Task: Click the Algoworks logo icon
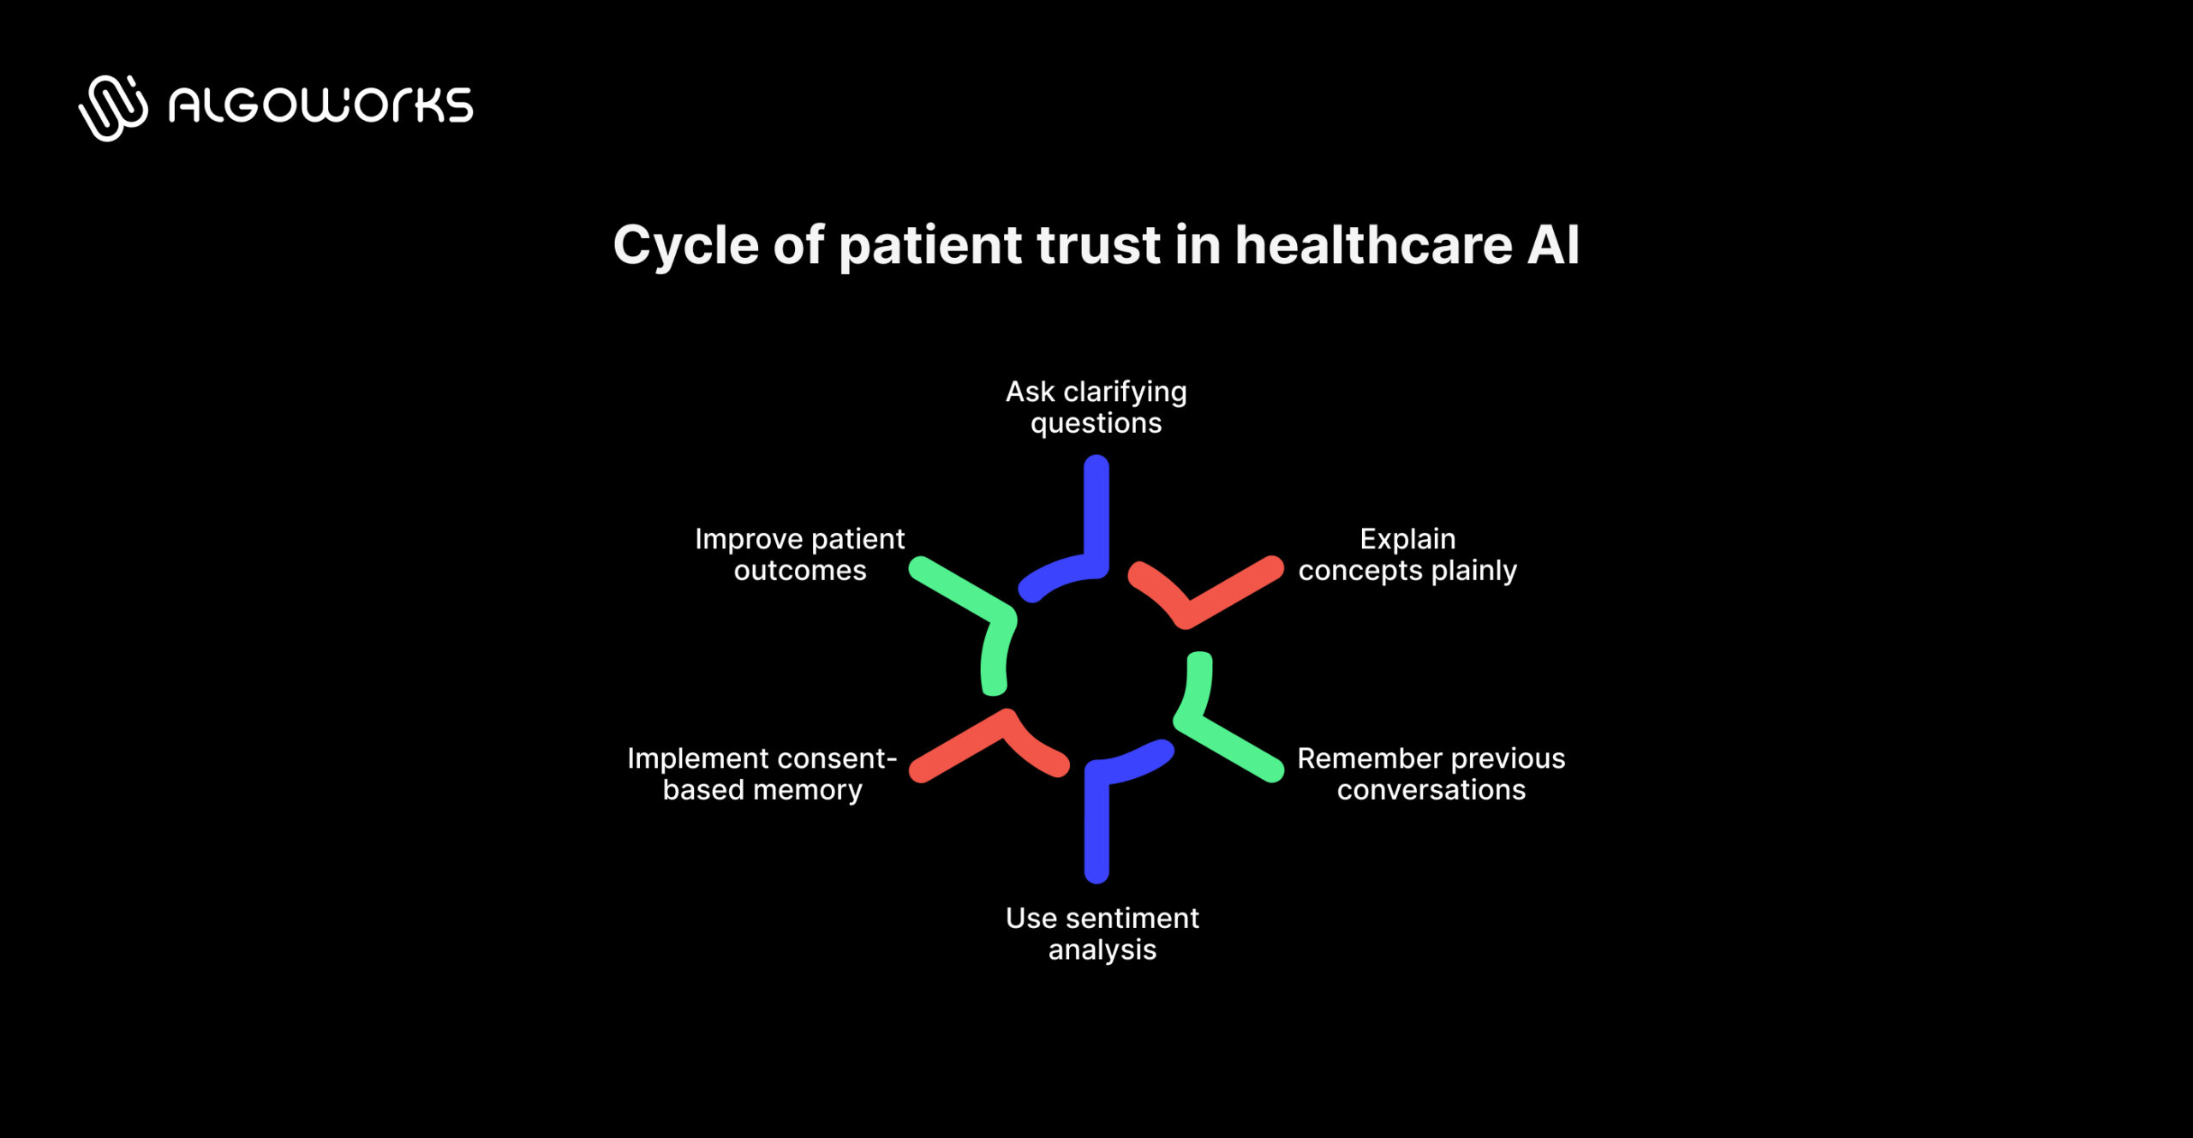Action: pyautogui.click(x=113, y=107)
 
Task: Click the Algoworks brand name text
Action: pyautogui.click(x=320, y=106)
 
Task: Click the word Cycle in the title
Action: pyautogui.click(x=685, y=246)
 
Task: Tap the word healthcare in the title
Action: pyautogui.click(x=1373, y=246)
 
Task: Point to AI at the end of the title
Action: pyautogui.click(x=1553, y=246)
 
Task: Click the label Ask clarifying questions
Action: pyautogui.click(x=1096, y=407)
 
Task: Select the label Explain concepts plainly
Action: pyautogui.click(x=1407, y=554)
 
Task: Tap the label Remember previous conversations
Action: pyautogui.click(x=1431, y=774)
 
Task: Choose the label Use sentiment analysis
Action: pyautogui.click(x=1102, y=934)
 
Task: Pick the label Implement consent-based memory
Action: pyautogui.click(x=762, y=774)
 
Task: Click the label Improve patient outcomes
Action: pyautogui.click(x=799, y=554)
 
